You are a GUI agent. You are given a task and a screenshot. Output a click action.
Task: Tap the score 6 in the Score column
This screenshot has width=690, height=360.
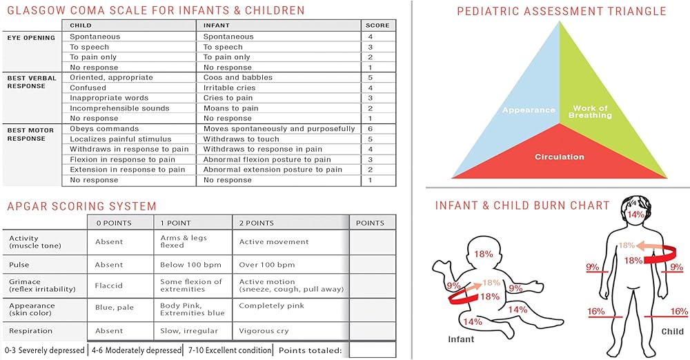[370, 128]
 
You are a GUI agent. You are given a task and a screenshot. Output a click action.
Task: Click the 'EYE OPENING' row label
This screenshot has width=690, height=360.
[31, 38]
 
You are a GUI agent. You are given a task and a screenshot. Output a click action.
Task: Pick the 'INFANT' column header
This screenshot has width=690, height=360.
[217, 26]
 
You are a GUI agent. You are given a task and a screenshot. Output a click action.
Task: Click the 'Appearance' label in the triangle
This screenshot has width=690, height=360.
[529, 110]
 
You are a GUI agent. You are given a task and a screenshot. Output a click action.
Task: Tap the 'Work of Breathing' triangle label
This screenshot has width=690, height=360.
[590, 112]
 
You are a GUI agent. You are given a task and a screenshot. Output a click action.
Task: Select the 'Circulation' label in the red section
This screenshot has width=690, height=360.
[560, 157]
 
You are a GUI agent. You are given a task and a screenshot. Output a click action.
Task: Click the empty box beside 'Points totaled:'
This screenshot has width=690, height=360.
[373, 350]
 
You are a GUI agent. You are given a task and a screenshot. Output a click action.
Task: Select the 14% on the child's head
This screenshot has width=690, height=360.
[636, 214]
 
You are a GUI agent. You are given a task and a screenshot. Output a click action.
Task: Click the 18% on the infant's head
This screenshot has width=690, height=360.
[483, 254]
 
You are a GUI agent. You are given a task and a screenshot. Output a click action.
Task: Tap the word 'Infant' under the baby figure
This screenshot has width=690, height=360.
[461, 339]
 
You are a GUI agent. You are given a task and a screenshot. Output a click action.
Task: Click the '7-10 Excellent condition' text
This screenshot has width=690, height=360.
[230, 350]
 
